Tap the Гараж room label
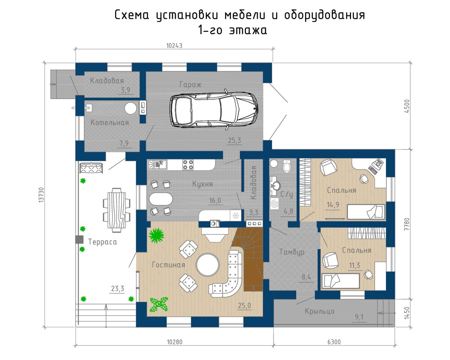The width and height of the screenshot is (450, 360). [x=190, y=84]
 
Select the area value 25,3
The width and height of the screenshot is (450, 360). [x=235, y=140]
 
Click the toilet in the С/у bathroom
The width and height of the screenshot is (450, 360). [x=286, y=166]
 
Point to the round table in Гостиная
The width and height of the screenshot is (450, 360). [x=207, y=265]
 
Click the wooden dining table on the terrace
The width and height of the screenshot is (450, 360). [x=117, y=210]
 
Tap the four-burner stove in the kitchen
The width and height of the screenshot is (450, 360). [x=188, y=164]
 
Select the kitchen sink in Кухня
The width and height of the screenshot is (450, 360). [x=157, y=164]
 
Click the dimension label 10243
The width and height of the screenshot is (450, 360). [x=174, y=46]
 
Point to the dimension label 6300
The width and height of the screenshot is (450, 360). [x=334, y=342]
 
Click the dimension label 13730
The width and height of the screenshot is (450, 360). [x=41, y=195]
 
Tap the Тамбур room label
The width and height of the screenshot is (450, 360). [x=292, y=252]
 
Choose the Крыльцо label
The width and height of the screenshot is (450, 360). [x=319, y=311]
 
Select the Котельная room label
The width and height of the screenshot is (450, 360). [x=109, y=122]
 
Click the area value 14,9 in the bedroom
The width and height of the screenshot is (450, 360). [x=333, y=205]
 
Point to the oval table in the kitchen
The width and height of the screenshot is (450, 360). [x=160, y=199]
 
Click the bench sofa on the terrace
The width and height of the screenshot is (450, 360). [x=91, y=168]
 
